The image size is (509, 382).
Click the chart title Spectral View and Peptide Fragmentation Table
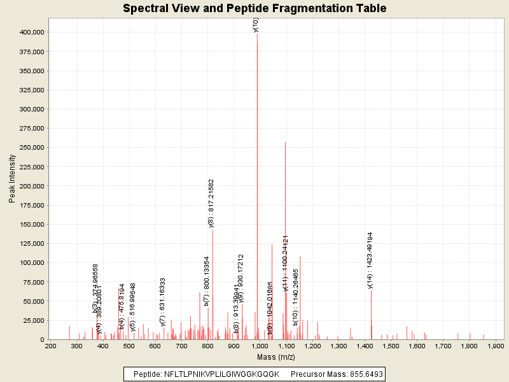254,8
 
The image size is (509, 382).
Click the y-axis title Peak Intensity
12,180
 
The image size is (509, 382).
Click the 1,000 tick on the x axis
260,346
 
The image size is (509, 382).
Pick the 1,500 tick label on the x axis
391,346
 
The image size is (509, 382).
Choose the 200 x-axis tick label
50,346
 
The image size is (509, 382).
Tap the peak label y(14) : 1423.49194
370,260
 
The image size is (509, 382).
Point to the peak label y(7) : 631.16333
163,302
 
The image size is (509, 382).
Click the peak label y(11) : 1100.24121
286,262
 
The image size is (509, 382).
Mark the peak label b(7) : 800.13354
207,281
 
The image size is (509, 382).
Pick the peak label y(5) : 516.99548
133,308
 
